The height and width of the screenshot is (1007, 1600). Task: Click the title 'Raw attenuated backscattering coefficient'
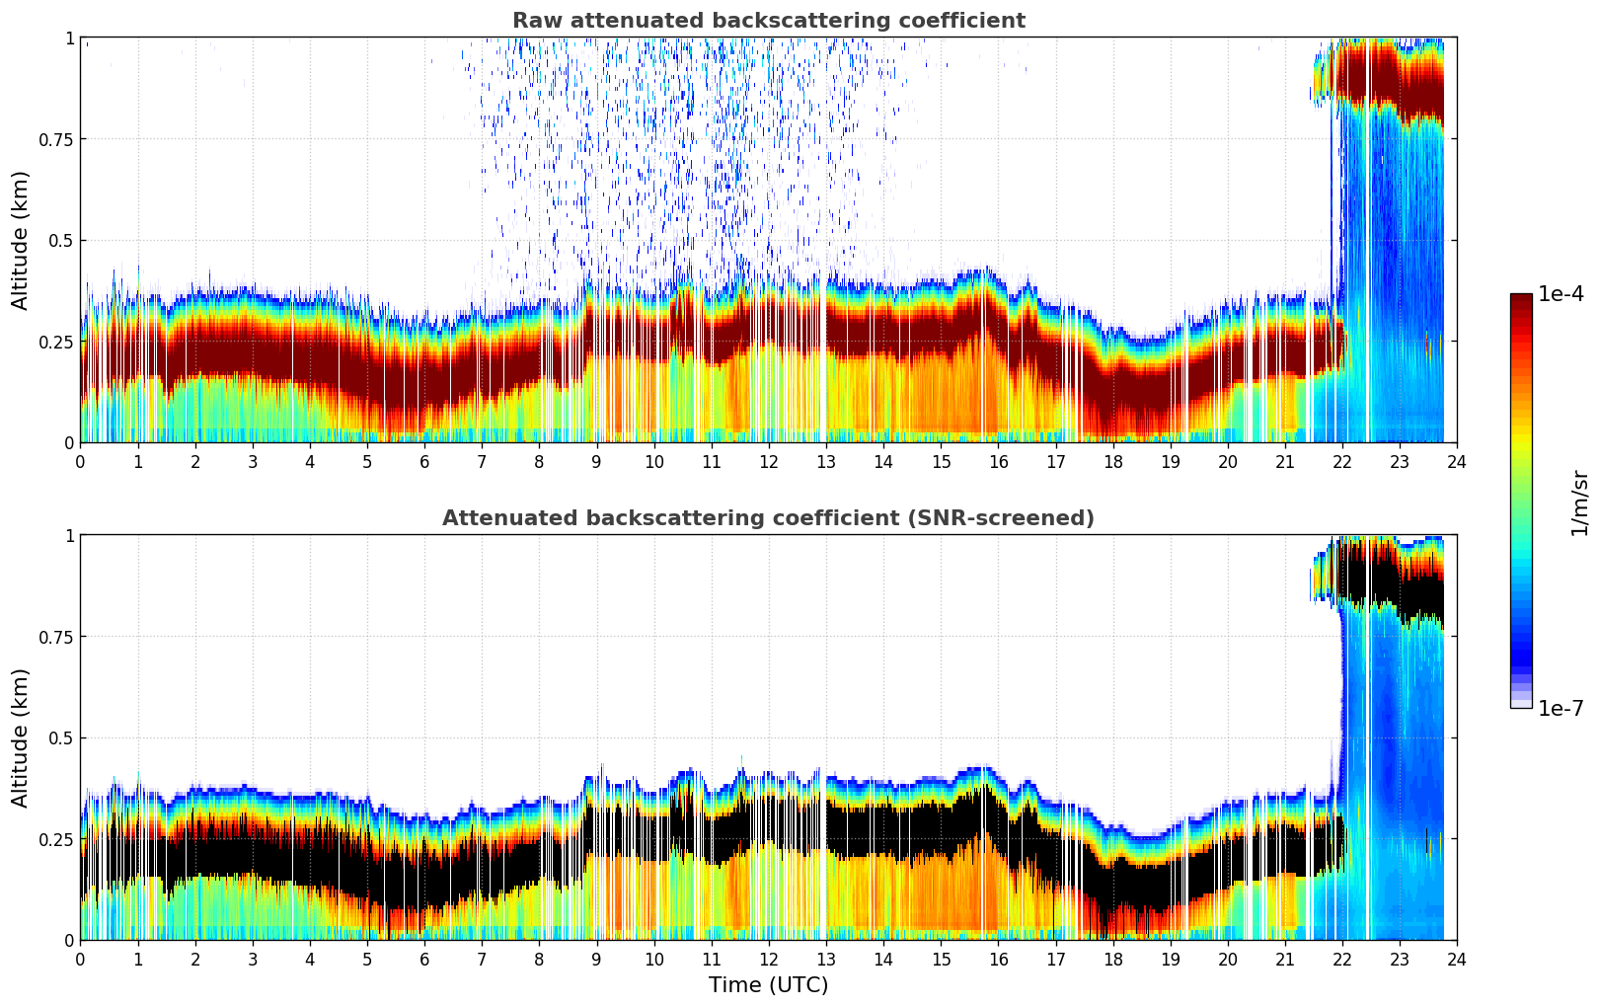coord(768,21)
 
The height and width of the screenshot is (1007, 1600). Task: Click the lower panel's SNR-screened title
coord(768,518)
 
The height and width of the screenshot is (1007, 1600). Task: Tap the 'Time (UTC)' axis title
coord(768,985)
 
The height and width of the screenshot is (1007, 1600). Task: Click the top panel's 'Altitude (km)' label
coord(21,240)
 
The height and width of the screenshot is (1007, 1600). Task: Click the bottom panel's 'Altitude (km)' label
coord(21,737)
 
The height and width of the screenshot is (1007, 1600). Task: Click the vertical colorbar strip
coord(1520,502)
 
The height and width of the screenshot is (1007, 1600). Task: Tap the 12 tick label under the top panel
coord(769,461)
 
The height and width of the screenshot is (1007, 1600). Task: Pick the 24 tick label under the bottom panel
coord(1457,959)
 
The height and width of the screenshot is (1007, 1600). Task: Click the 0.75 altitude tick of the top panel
coord(56,139)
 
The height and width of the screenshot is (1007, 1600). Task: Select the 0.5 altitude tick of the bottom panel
coord(61,738)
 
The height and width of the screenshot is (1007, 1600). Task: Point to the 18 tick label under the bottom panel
coord(1112,959)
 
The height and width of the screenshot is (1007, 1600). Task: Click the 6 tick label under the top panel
coord(424,461)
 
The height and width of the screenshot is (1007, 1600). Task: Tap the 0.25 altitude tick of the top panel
coord(56,342)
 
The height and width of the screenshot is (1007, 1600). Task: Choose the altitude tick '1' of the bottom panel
coord(69,536)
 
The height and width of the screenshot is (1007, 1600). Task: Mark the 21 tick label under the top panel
coord(1284,461)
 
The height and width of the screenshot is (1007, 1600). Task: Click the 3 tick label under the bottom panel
coord(253,959)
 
